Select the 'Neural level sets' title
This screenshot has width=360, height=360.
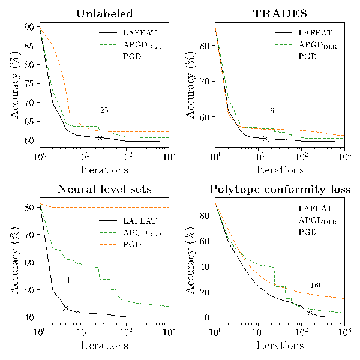pos(105,190)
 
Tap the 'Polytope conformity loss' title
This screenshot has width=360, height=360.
pos(280,190)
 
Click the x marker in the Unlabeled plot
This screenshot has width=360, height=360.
pos(100,137)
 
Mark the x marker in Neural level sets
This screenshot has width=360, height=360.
pos(66,308)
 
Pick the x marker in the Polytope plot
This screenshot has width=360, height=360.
pos(310,313)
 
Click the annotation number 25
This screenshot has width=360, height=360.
pos(104,110)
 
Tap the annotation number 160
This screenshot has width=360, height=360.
pos(317,285)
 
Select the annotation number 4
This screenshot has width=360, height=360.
pos(68,280)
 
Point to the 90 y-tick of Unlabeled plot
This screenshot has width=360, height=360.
pos(29,26)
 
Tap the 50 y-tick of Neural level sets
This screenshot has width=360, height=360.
pos(29,290)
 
